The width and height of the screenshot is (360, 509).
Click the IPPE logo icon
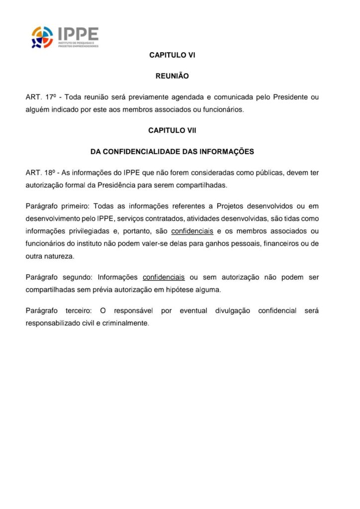(42, 37)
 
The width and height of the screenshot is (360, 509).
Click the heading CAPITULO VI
(172, 56)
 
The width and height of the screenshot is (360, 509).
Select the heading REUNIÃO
(172, 77)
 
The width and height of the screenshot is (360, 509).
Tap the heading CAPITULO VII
(172, 130)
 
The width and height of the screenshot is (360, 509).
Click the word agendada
(181, 97)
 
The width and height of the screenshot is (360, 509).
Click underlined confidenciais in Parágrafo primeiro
(192, 231)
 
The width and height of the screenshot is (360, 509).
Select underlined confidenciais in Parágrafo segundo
(164, 277)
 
